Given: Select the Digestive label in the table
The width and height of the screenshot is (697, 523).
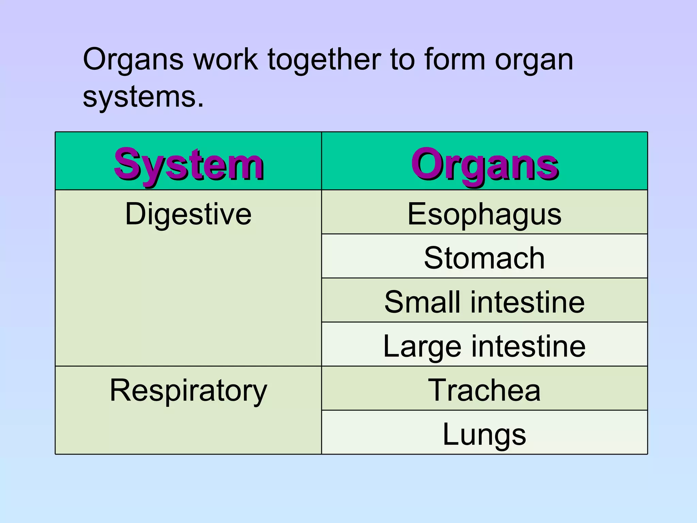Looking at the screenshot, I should tap(188, 214).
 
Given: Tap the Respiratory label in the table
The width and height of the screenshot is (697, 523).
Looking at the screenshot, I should tap(188, 391).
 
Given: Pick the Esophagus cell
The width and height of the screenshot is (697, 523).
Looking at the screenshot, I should tap(484, 214).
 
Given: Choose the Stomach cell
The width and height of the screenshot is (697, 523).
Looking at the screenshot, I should tap(484, 258).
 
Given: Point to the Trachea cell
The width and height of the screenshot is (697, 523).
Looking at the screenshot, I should tap(484, 390).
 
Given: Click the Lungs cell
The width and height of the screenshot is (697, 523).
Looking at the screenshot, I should tap(484, 434).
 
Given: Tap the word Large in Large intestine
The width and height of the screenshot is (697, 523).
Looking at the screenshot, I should tap(422, 346).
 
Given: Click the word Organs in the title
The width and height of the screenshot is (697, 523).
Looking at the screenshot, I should tap(133, 60).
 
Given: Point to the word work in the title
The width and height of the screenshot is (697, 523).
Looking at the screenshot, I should tap(225, 60).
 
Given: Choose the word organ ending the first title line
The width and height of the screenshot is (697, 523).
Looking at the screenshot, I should tap(534, 60).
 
